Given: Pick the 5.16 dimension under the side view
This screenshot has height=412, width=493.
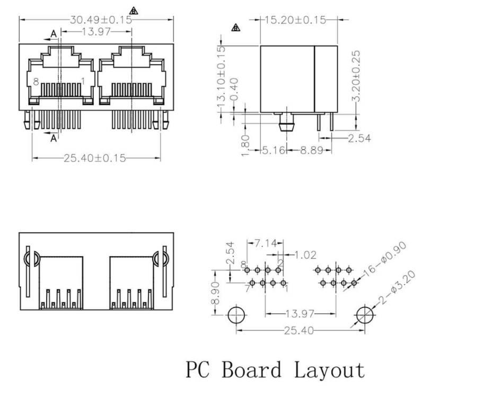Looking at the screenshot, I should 274,151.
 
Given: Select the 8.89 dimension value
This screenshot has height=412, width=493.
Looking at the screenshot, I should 311,151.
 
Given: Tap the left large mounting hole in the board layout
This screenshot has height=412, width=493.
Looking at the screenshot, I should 236,315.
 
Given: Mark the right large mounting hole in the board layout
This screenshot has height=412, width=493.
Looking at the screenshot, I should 364,315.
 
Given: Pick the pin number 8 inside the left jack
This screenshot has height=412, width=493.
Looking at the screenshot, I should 36,82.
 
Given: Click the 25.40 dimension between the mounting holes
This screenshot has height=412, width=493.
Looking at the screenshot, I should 300,330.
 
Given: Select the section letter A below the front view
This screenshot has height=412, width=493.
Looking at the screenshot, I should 53,138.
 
